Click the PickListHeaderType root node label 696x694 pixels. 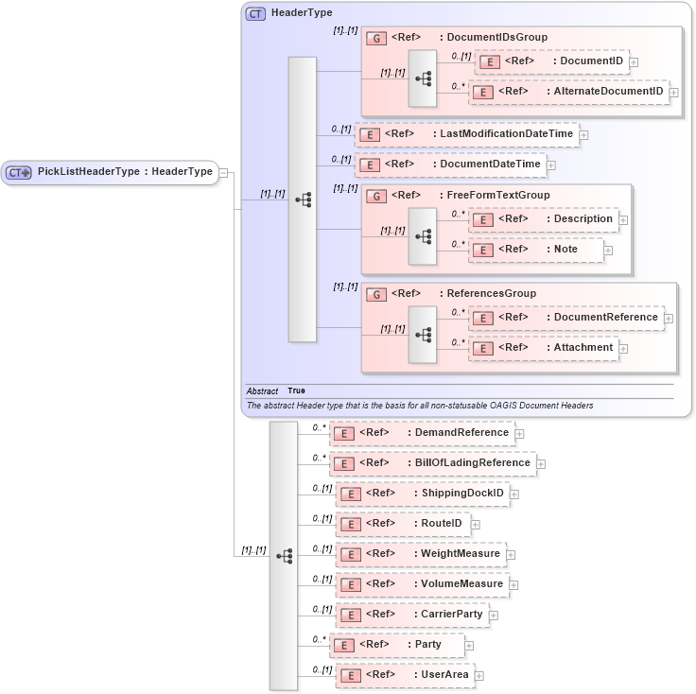coord(124,171)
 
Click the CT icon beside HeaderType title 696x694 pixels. coord(255,13)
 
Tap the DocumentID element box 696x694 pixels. coord(551,61)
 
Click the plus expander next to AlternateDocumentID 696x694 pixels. coord(675,92)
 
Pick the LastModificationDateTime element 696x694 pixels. coord(466,133)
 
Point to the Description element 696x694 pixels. coord(544,219)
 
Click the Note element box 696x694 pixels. coord(536,250)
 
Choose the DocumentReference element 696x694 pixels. coord(565,318)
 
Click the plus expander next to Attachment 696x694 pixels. coord(624,349)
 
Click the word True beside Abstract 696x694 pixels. coord(296,390)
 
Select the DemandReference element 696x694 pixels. coord(421,433)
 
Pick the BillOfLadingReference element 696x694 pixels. coord(432,463)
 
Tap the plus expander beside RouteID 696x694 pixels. coord(475,524)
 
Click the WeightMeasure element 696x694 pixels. coord(420,554)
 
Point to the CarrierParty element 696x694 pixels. coord(411,615)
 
